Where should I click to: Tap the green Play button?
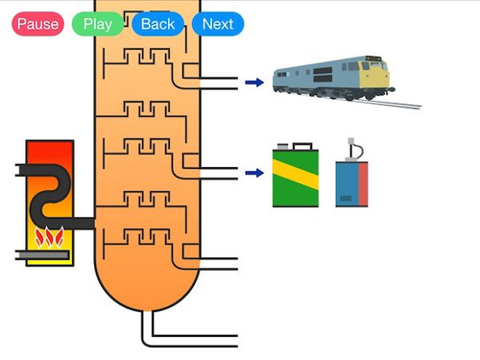click(97, 24)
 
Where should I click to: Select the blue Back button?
click(157, 24)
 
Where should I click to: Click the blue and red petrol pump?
click(351, 182)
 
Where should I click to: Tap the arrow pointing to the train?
click(253, 84)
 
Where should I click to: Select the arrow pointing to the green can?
click(253, 174)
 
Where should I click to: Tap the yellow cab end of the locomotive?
click(375, 74)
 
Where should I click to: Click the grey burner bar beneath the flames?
click(43, 254)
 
